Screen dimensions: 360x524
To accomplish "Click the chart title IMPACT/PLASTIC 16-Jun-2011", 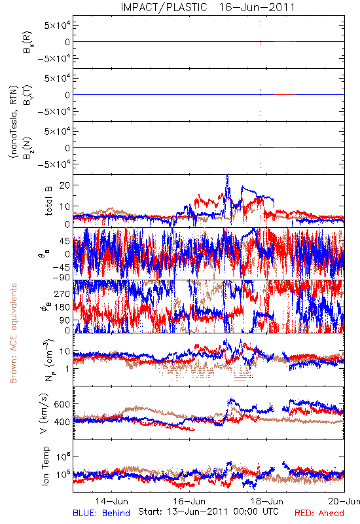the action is [207, 7].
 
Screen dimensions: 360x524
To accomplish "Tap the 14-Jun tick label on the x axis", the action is [112, 501].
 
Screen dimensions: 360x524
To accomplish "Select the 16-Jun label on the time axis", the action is [189, 501].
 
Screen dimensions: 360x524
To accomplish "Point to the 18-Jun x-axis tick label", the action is [267, 501].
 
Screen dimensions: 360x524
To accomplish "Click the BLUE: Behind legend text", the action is [101, 513].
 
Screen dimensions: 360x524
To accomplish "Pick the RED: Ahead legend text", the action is [319, 513].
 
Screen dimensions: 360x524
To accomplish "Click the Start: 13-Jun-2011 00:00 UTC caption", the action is [208, 512].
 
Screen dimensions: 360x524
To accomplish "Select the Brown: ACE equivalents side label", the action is [13, 333].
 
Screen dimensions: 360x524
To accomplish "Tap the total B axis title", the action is [48, 201].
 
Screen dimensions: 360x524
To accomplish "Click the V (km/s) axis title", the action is [44, 413].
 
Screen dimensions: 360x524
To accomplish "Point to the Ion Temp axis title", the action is [45, 466].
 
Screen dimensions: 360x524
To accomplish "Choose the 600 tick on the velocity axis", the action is [62, 404].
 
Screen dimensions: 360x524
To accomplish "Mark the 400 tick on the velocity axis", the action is [62, 422].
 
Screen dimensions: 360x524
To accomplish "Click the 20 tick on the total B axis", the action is [64, 185].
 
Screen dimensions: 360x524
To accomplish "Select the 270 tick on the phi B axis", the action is [62, 293].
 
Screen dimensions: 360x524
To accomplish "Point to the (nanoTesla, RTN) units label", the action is [13, 122].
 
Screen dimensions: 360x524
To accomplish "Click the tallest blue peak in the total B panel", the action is [228, 175].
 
